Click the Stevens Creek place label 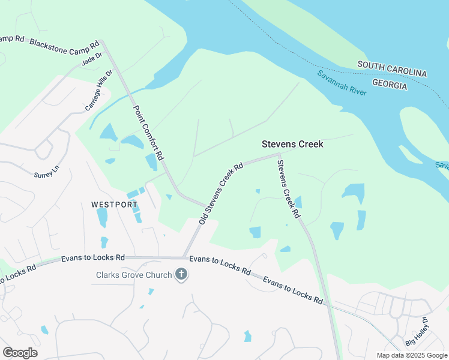(x=292, y=144)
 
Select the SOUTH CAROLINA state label (x=392, y=69)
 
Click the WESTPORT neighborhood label (x=115, y=205)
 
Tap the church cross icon (x=181, y=275)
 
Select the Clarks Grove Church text (x=134, y=275)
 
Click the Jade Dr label (x=92, y=58)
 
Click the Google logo (x=20, y=353)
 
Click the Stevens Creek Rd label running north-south (x=288, y=187)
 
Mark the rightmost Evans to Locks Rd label (x=293, y=290)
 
